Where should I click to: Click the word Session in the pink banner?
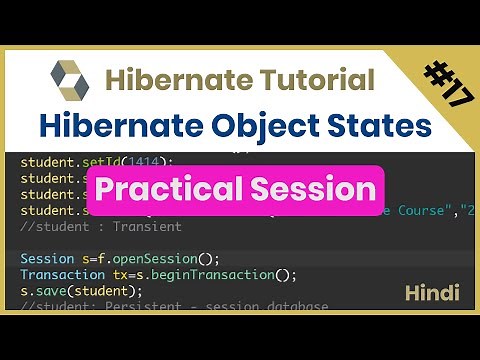coord(317,188)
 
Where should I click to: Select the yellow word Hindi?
coord(432,293)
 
